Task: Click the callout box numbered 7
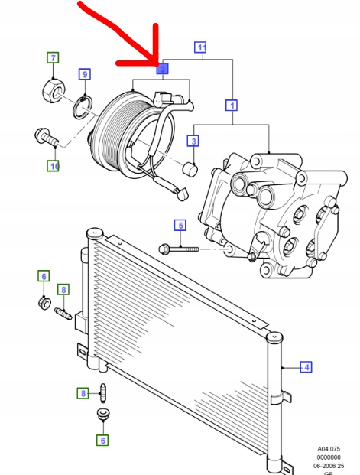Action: [53, 58]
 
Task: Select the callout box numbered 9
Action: [85, 74]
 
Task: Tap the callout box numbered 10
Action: [53, 165]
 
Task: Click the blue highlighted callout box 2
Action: [162, 69]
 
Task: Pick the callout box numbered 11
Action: [201, 47]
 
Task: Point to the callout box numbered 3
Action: [193, 141]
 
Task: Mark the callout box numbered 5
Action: [180, 225]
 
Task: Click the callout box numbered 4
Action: [306, 367]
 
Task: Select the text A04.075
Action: [331, 449]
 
